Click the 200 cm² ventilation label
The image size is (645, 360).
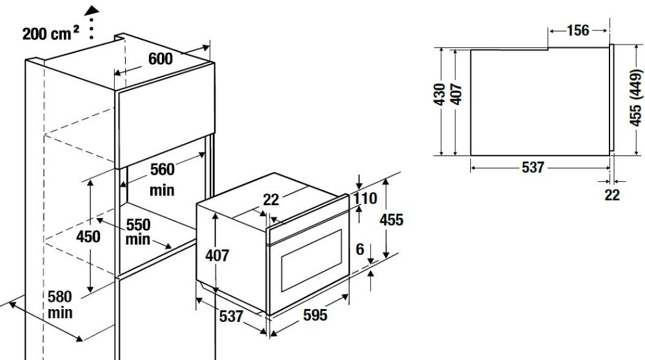pos(50,34)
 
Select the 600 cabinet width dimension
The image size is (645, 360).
pos(161,59)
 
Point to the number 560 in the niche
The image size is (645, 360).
pos(162,170)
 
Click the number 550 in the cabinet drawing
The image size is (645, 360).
pos(138,225)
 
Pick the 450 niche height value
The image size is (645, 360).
pos(88,237)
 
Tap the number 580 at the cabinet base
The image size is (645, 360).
pos(60,297)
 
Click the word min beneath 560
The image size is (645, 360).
pos(162,190)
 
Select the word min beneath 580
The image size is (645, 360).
pos(60,313)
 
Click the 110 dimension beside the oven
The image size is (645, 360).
pos(365,199)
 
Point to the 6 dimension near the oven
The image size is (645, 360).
pos(360,249)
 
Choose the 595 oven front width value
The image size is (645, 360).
pos(315,315)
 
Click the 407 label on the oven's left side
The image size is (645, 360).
pos(217,255)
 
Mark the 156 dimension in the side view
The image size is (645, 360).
pos(578,30)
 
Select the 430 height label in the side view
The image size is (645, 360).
pos(440,94)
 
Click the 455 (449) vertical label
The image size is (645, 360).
pos(636,98)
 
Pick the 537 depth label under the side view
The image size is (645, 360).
pos(533,168)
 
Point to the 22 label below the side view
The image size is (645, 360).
pos(612,195)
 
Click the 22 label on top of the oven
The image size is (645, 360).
pos(271,200)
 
